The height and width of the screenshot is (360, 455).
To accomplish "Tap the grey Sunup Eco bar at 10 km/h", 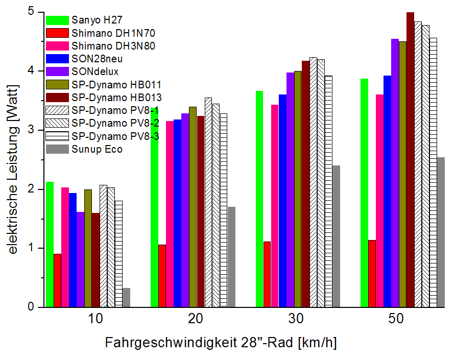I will [126, 298].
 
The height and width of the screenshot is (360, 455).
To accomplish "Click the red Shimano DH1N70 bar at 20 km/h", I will [162, 276].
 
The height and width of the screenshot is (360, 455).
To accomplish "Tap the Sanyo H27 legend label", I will [98, 20].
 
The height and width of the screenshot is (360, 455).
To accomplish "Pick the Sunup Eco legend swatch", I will [57, 149].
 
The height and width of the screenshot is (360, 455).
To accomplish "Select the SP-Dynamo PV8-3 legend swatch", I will [57, 136].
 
